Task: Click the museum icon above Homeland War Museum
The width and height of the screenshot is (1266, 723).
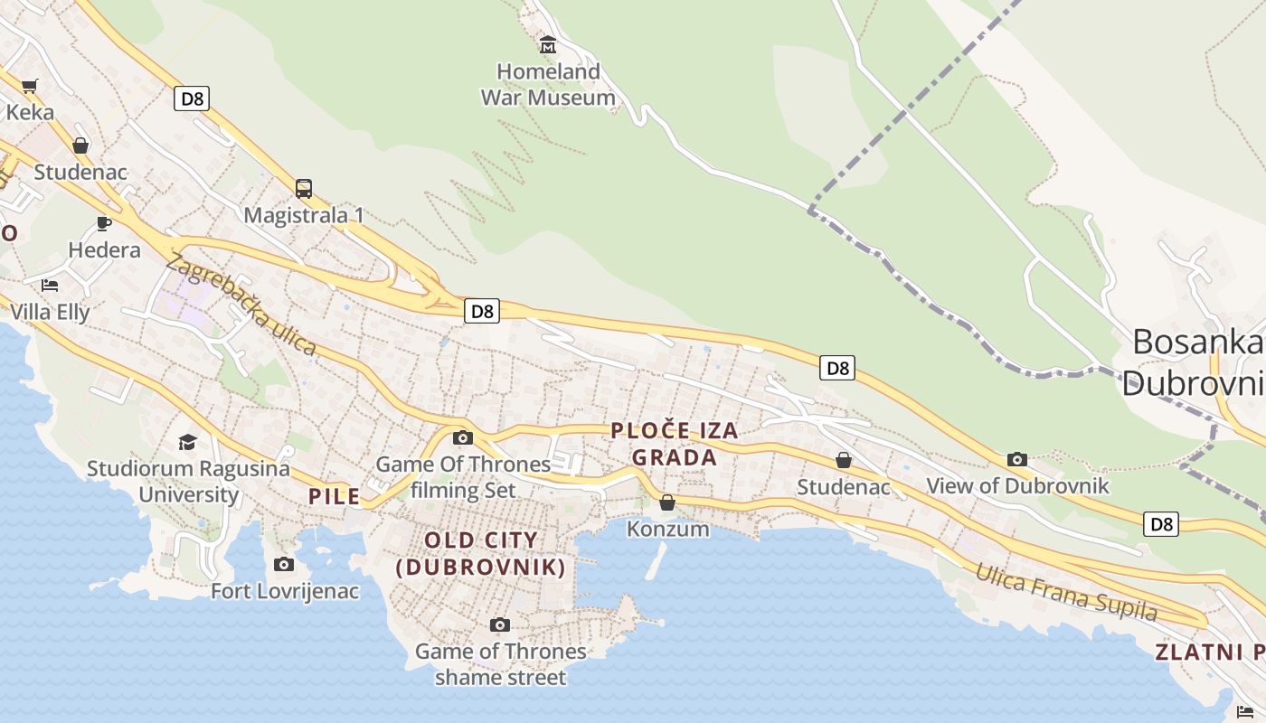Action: [x=547, y=43]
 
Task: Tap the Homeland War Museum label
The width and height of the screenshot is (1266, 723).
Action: [x=548, y=84]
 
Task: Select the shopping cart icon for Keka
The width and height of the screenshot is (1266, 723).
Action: [x=30, y=87]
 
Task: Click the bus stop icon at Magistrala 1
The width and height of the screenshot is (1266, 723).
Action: [x=304, y=189]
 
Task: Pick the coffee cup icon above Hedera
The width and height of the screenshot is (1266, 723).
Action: [x=104, y=223]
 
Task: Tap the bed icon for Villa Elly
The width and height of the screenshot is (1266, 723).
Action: [x=50, y=286]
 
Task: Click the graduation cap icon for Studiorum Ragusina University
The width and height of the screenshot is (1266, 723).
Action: [x=187, y=442]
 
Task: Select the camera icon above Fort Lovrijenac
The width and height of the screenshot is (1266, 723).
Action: [x=284, y=565]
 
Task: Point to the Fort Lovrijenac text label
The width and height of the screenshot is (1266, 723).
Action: [x=285, y=591]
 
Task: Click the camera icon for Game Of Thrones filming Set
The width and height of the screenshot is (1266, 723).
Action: [x=462, y=438]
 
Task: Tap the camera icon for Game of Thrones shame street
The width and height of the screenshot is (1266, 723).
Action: [x=499, y=624]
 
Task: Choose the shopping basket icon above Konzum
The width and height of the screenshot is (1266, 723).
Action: [x=667, y=502]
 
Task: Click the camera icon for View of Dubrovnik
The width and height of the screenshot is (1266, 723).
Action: [x=1017, y=459]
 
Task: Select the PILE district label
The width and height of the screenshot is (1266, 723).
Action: [x=334, y=496]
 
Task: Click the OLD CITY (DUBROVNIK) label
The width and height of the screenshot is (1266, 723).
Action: [x=481, y=554]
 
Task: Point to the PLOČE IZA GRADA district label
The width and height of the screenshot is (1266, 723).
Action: [x=675, y=444]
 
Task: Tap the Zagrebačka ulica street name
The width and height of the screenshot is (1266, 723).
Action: [x=241, y=305]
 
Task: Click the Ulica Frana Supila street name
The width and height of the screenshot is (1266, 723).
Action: [x=1065, y=592]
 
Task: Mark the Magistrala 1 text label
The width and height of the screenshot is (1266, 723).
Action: [x=304, y=215]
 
